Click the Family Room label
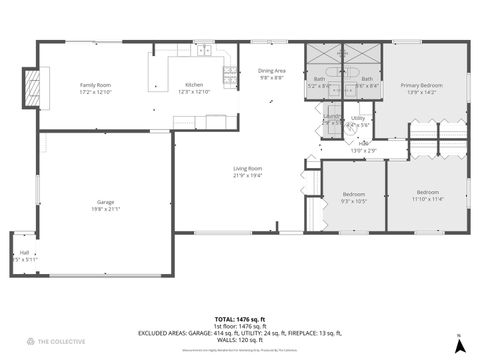96,86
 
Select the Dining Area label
272,71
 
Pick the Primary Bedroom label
425,86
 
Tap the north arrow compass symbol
459,344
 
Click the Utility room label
357,118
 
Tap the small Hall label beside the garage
24,252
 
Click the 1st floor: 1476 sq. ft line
239,325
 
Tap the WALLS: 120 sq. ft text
239,339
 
